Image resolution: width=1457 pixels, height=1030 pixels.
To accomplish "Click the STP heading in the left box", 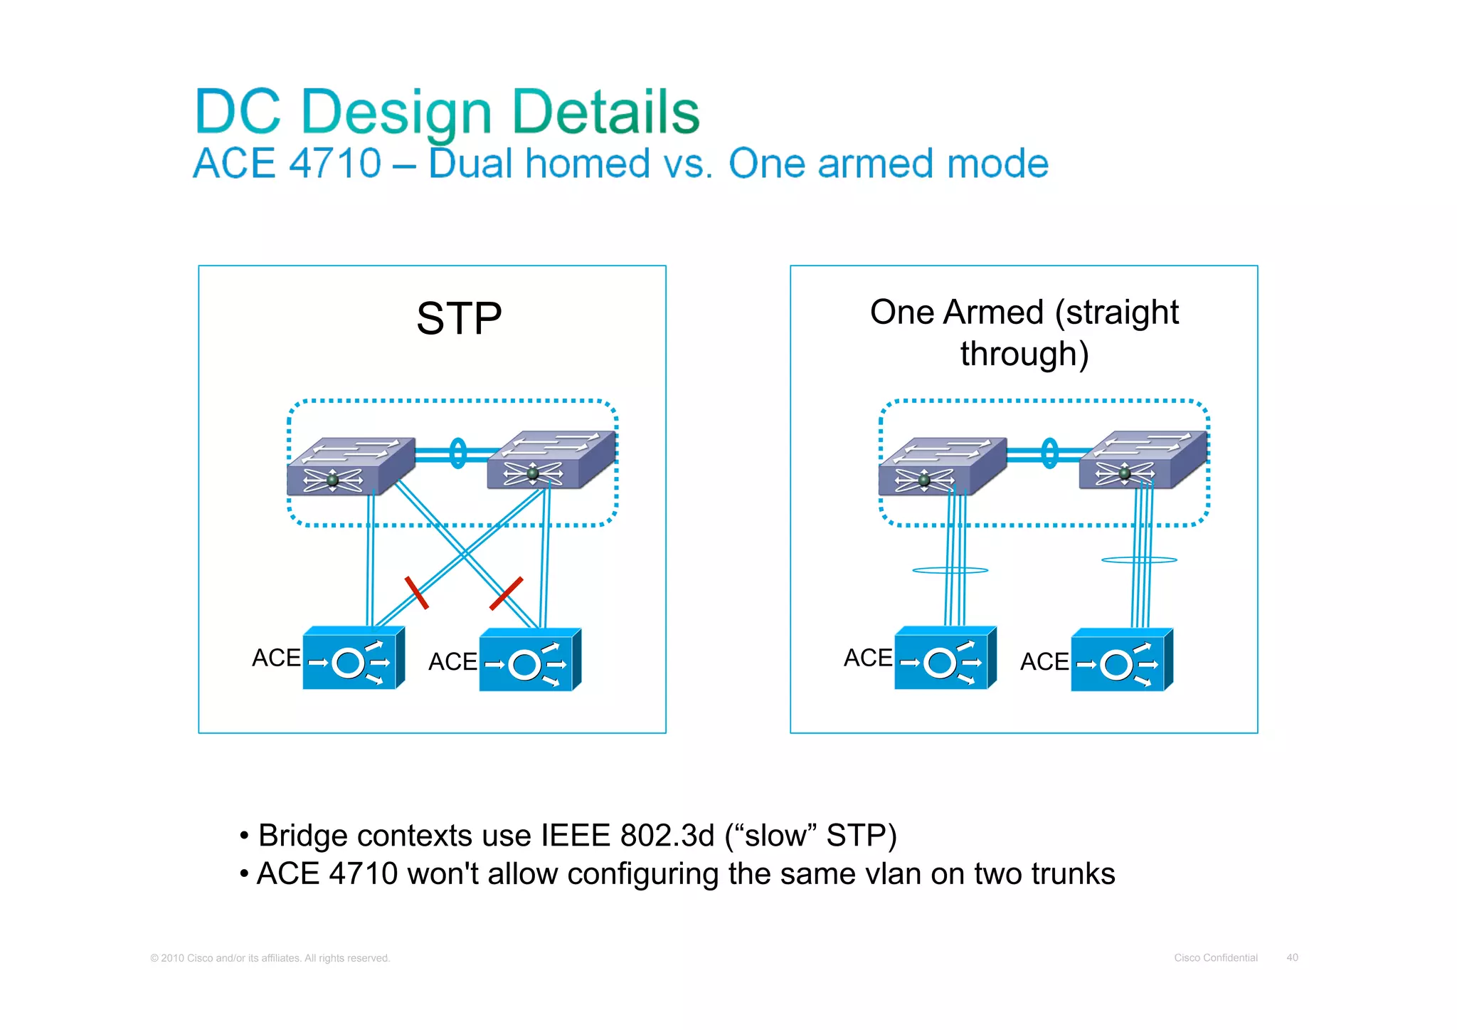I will coord(459,318).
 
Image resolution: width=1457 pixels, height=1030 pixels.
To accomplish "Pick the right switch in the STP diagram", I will coord(551,460).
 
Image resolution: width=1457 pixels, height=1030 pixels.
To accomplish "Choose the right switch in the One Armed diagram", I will coord(1143,460).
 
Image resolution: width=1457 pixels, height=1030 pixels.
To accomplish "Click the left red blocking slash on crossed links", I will coord(416,592).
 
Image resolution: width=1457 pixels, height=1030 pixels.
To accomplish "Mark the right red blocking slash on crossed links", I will coord(507,593).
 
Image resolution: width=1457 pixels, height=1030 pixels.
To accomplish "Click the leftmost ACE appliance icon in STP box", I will coord(354,658).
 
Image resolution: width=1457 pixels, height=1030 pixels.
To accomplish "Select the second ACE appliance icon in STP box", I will coord(530,660).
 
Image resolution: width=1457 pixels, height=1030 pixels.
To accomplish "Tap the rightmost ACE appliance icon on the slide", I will coord(1121,660).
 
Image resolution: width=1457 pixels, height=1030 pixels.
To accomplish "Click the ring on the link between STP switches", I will coord(458,453).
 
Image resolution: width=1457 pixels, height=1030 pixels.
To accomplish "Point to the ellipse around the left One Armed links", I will coord(950,570).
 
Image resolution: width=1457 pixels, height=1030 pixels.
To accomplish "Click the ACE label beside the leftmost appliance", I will coord(276,658).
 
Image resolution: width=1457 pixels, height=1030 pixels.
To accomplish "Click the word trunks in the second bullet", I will coord(1072,874).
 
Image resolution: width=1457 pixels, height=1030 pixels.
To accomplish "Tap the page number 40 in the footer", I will coord(1292,957).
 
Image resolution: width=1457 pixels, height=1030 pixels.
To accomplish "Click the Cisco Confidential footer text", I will coord(1215,957).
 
